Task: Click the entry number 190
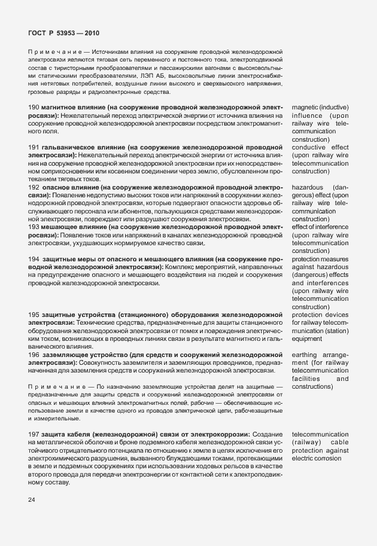(x=34, y=107)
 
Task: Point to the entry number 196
(x=34, y=355)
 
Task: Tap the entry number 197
(x=34, y=433)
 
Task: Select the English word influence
(x=307, y=115)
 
